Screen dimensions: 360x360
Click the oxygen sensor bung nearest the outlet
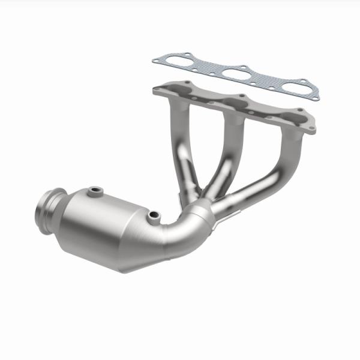pyautogui.click(x=94, y=192)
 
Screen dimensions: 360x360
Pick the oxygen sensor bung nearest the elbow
pyautogui.click(x=154, y=215)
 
